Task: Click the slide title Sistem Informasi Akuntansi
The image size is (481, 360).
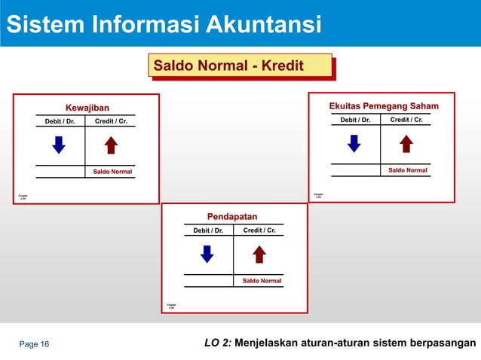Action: click(161, 24)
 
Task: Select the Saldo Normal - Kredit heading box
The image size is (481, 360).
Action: click(239, 66)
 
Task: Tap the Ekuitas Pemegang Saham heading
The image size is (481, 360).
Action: click(383, 107)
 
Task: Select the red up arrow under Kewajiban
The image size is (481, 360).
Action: click(111, 145)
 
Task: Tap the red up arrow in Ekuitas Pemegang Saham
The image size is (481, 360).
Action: click(406, 143)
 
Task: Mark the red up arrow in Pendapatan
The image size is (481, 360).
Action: click(259, 255)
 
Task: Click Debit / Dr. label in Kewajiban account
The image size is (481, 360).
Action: click(60, 121)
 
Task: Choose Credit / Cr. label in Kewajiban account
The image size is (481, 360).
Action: click(111, 121)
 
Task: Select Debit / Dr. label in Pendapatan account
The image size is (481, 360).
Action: click(208, 230)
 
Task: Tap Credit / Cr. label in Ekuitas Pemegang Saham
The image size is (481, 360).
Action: click(406, 120)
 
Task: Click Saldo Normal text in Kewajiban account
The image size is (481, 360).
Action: click(112, 172)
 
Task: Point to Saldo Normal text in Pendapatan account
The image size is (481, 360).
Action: click(262, 281)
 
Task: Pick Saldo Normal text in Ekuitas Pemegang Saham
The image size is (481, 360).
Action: click(407, 170)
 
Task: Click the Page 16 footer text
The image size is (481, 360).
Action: click(34, 344)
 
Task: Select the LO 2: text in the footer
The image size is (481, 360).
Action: click(218, 344)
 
